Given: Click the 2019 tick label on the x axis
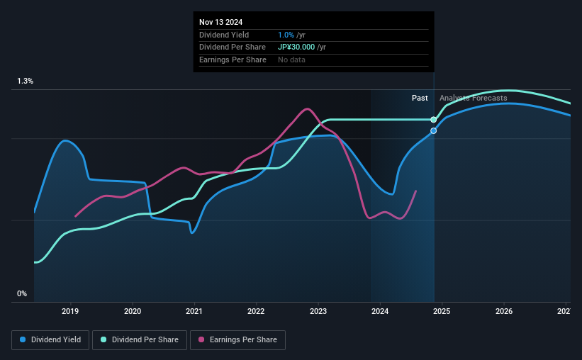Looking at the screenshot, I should click(x=70, y=311).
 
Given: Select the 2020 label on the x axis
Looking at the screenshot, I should click(x=133, y=311).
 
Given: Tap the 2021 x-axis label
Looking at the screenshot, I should click(x=194, y=311).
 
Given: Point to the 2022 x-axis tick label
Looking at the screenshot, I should click(x=256, y=311).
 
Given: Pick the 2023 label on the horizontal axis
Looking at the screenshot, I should click(x=318, y=311).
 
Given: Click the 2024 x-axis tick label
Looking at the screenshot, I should click(x=380, y=311).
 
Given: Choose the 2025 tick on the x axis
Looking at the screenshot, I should click(x=442, y=311).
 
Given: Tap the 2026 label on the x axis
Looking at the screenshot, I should click(x=504, y=311).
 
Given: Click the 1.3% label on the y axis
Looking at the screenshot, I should click(x=26, y=81).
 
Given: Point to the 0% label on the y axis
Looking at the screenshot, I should click(x=22, y=293).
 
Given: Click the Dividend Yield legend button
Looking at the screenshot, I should click(x=50, y=340).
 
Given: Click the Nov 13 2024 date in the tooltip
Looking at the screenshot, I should click(x=222, y=21).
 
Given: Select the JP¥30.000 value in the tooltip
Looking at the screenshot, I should click(x=302, y=47).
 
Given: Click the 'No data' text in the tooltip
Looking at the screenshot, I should click(x=291, y=60).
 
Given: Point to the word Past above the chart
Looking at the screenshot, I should click(x=420, y=98).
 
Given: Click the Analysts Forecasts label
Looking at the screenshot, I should click(x=473, y=98).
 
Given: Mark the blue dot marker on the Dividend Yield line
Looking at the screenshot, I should click(x=434, y=131).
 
